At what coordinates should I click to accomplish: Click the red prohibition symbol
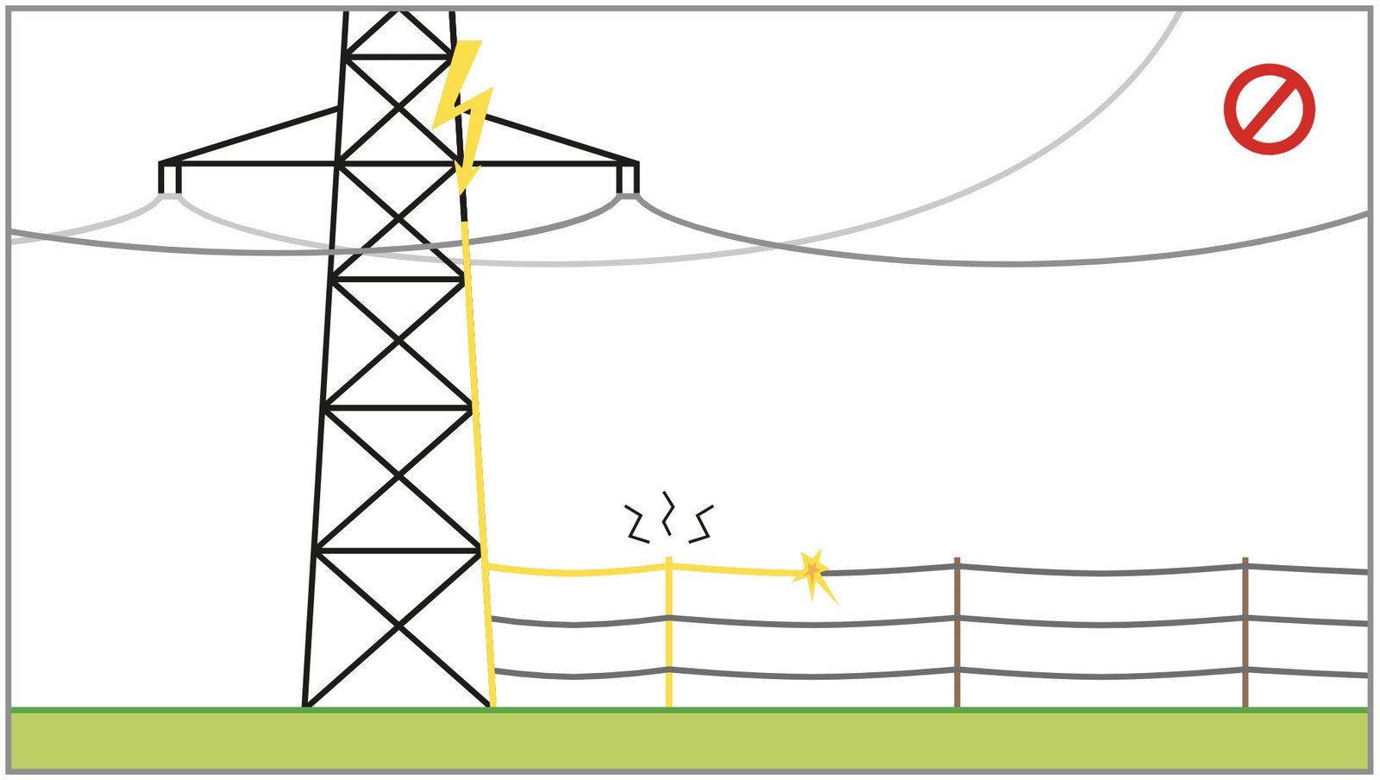coord(1269,109)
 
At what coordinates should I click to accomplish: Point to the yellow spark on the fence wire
coord(812,572)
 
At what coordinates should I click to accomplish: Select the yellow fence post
coord(668,638)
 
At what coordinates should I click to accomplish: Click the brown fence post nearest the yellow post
coord(957,638)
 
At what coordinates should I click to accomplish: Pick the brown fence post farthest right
coord(1245,638)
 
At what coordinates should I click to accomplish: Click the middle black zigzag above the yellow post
coord(667,513)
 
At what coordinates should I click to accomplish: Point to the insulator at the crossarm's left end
coord(170,179)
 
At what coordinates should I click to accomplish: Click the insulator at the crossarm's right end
coord(628,179)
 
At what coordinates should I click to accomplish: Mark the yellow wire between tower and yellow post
coord(574,572)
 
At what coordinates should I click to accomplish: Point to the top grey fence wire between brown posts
coord(1100,572)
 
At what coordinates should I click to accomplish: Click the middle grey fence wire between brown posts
coord(1100,623)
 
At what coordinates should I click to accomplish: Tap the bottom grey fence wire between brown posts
coord(1100,675)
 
